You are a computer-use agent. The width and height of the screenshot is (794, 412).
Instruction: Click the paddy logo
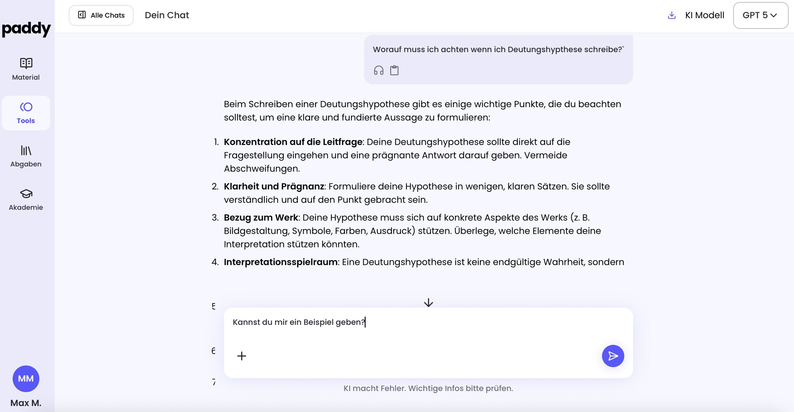[26, 29]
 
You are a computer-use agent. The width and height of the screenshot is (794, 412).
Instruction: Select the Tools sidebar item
[26, 113]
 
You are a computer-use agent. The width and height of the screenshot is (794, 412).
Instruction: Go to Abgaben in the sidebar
[26, 156]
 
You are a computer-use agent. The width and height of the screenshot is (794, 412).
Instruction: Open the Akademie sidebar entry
[26, 199]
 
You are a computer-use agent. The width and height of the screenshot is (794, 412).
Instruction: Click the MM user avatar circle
[26, 378]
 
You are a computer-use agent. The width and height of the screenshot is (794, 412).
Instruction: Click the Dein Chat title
[167, 15]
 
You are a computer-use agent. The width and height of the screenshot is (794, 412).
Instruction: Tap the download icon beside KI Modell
[671, 15]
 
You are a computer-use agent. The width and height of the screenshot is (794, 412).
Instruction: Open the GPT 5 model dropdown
[760, 15]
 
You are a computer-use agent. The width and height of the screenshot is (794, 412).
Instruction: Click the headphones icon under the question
[379, 70]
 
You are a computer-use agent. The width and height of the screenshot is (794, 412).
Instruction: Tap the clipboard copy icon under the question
[394, 70]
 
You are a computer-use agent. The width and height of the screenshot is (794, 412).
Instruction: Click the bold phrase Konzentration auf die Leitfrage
[293, 142]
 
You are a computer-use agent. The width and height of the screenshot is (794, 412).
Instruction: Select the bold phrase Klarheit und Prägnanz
[274, 186]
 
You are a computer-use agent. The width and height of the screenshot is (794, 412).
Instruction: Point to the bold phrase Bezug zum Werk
[261, 218]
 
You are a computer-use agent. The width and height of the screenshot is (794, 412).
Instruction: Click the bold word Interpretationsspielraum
[280, 262]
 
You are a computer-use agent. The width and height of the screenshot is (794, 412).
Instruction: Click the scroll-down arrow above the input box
[428, 302]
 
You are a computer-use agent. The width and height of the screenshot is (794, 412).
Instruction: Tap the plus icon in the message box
[242, 356]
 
